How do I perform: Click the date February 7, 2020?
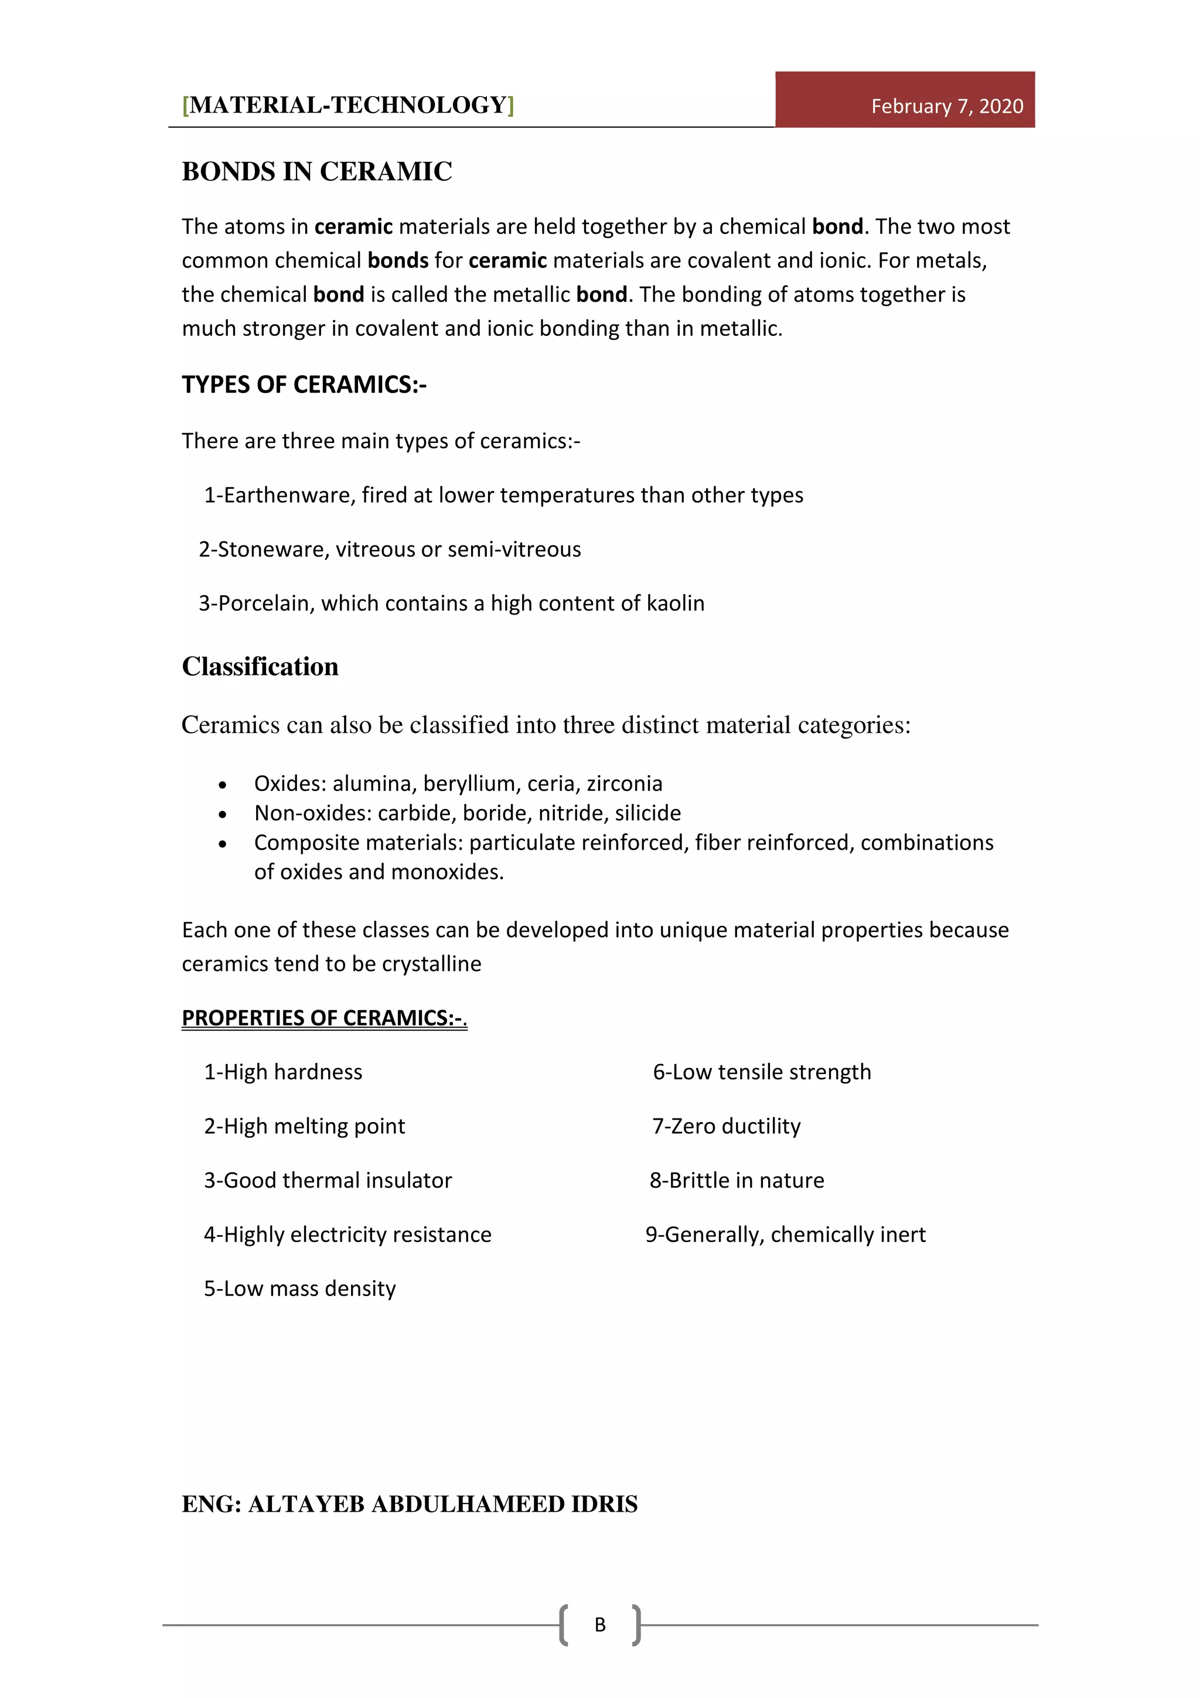tap(946, 107)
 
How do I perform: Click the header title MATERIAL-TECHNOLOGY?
tap(347, 105)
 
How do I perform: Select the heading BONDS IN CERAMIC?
tap(316, 172)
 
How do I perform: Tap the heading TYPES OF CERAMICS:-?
tap(304, 384)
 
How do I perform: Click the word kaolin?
tap(675, 603)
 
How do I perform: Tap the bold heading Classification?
tap(260, 666)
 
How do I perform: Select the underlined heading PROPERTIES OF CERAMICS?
tap(324, 1018)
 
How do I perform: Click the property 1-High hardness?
tap(282, 1072)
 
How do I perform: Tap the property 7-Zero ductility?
tap(725, 1126)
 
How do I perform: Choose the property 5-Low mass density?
tap(299, 1288)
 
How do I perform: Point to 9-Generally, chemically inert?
tap(785, 1235)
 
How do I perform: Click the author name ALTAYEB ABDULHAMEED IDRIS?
tap(442, 1504)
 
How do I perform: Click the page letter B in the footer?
tap(599, 1625)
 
